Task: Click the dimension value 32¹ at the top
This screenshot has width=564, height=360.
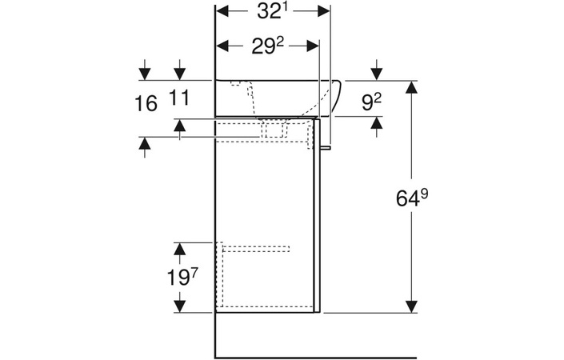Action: click(272, 12)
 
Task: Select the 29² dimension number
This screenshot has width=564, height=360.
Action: click(270, 46)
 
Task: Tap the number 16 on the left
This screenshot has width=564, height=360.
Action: click(145, 103)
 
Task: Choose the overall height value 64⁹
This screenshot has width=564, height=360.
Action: click(413, 197)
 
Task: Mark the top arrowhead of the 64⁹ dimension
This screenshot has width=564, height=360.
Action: click(412, 89)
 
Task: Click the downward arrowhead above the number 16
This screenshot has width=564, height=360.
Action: click(145, 74)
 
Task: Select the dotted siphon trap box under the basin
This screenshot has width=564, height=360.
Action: click(274, 129)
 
